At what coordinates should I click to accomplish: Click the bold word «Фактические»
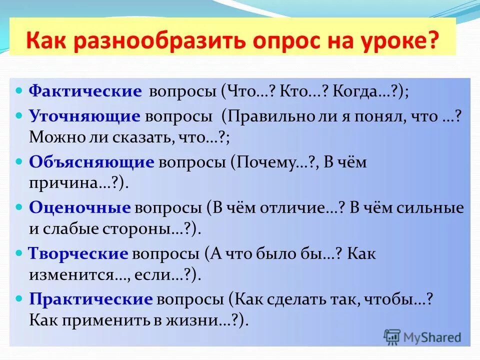click(x=85, y=91)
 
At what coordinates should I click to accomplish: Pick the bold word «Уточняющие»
click(x=84, y=116)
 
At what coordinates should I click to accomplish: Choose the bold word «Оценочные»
click(x=80, y=208)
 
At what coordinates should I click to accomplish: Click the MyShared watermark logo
click(x=422, y=336)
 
